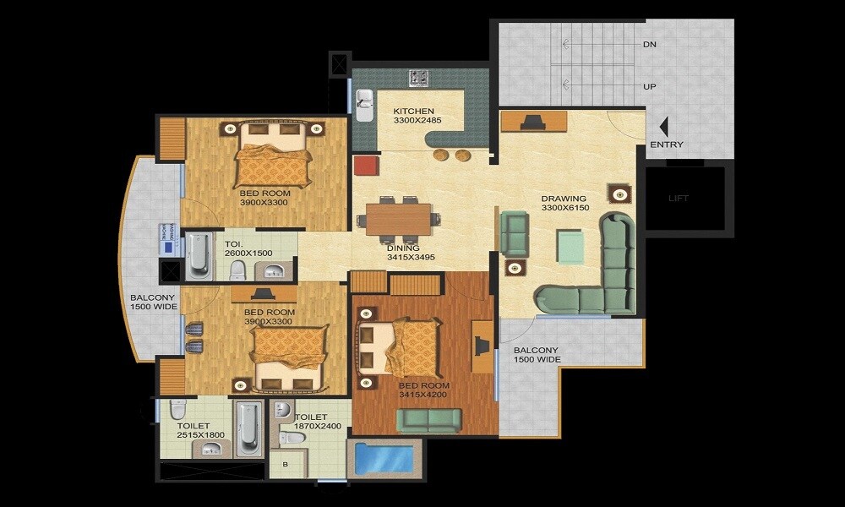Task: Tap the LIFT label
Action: [x=679, y=199]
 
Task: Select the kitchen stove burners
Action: [x=420, y=78]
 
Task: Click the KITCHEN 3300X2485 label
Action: [x=413, y=116]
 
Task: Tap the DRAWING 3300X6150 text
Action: [x=564, y=204]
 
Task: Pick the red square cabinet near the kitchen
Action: [x=365, y=164]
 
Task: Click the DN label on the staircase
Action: [x=649, y=44]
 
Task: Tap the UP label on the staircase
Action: [x=649, y=87]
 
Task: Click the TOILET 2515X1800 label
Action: [x=200, y=429]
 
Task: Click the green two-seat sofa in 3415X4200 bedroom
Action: [x=429, y=419]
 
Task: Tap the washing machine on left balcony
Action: [x=166, y=239]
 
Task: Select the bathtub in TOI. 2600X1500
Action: [x=199, y=255]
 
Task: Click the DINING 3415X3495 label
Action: [x=410, y=251]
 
